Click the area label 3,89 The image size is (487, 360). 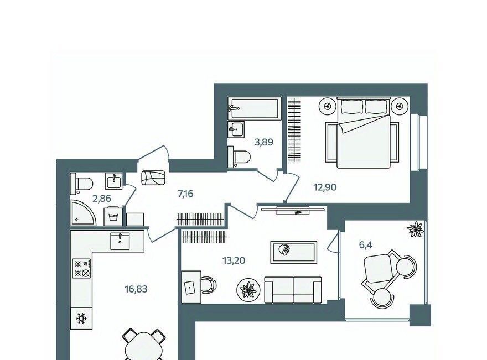click(263, 142)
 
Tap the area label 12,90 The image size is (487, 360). click(325, 187)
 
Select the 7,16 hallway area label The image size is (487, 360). click(185, 194)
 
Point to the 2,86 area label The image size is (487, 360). click(102, 198)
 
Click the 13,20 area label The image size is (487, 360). click(234, 260)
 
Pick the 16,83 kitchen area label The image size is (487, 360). click(136, 289)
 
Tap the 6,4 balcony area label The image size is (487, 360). click(366, 245)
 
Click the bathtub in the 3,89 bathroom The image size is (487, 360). click(255, 108)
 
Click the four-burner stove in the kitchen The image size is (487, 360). click(82, 269)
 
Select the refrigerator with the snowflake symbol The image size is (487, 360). click(81, 318)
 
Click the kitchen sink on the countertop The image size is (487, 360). click(120, 241)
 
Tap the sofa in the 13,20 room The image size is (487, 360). click(293, 290)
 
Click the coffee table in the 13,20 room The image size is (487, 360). click(293, 252)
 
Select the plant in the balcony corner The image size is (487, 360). click(416, 229)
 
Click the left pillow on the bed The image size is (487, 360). click(352, 107)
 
